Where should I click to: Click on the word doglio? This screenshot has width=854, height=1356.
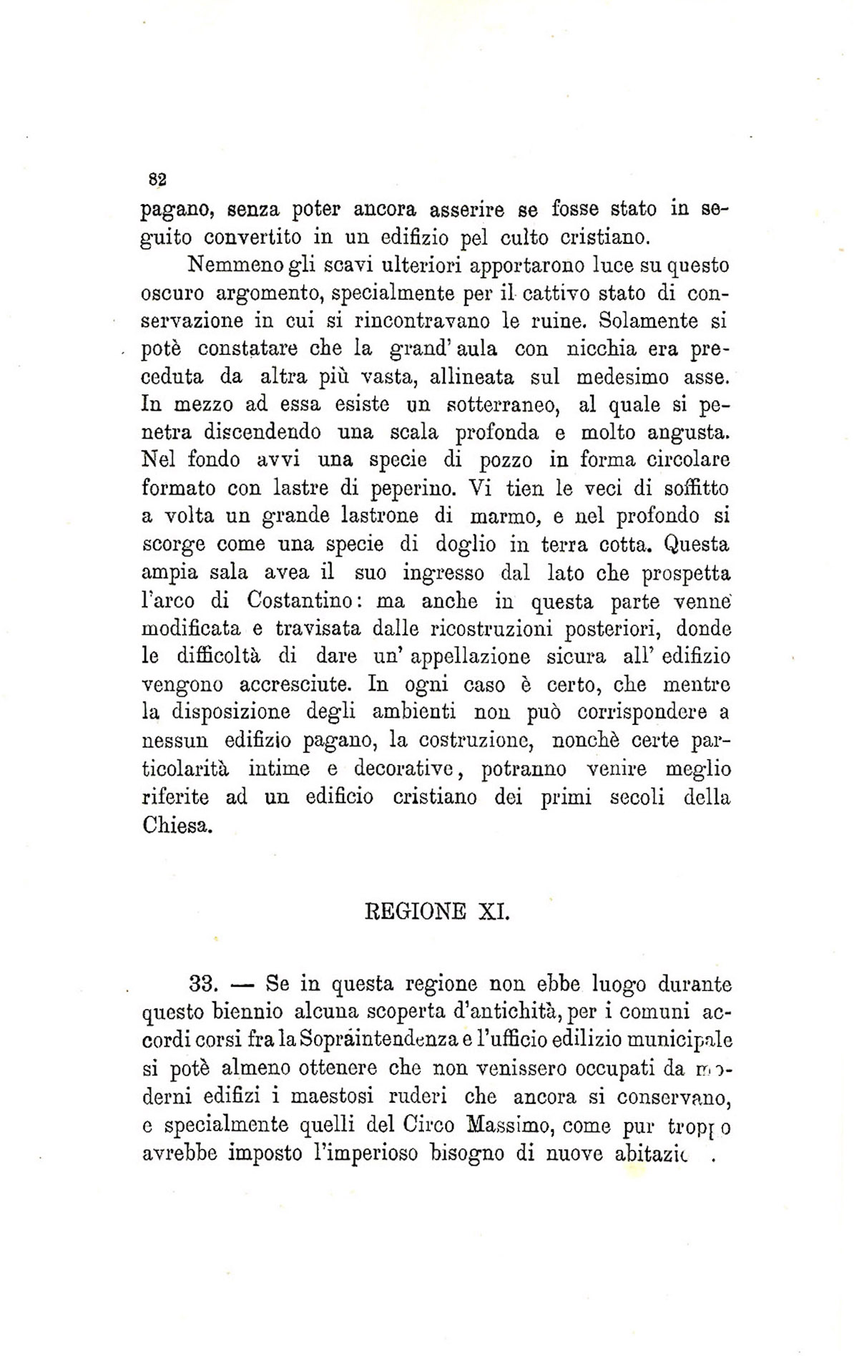(465, 544)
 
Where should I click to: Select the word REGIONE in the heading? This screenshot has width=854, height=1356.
(416, 912)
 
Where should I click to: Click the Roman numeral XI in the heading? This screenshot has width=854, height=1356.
(494, 912)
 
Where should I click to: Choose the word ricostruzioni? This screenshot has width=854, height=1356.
(493, 628)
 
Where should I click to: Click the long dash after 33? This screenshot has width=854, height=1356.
(244, 984)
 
